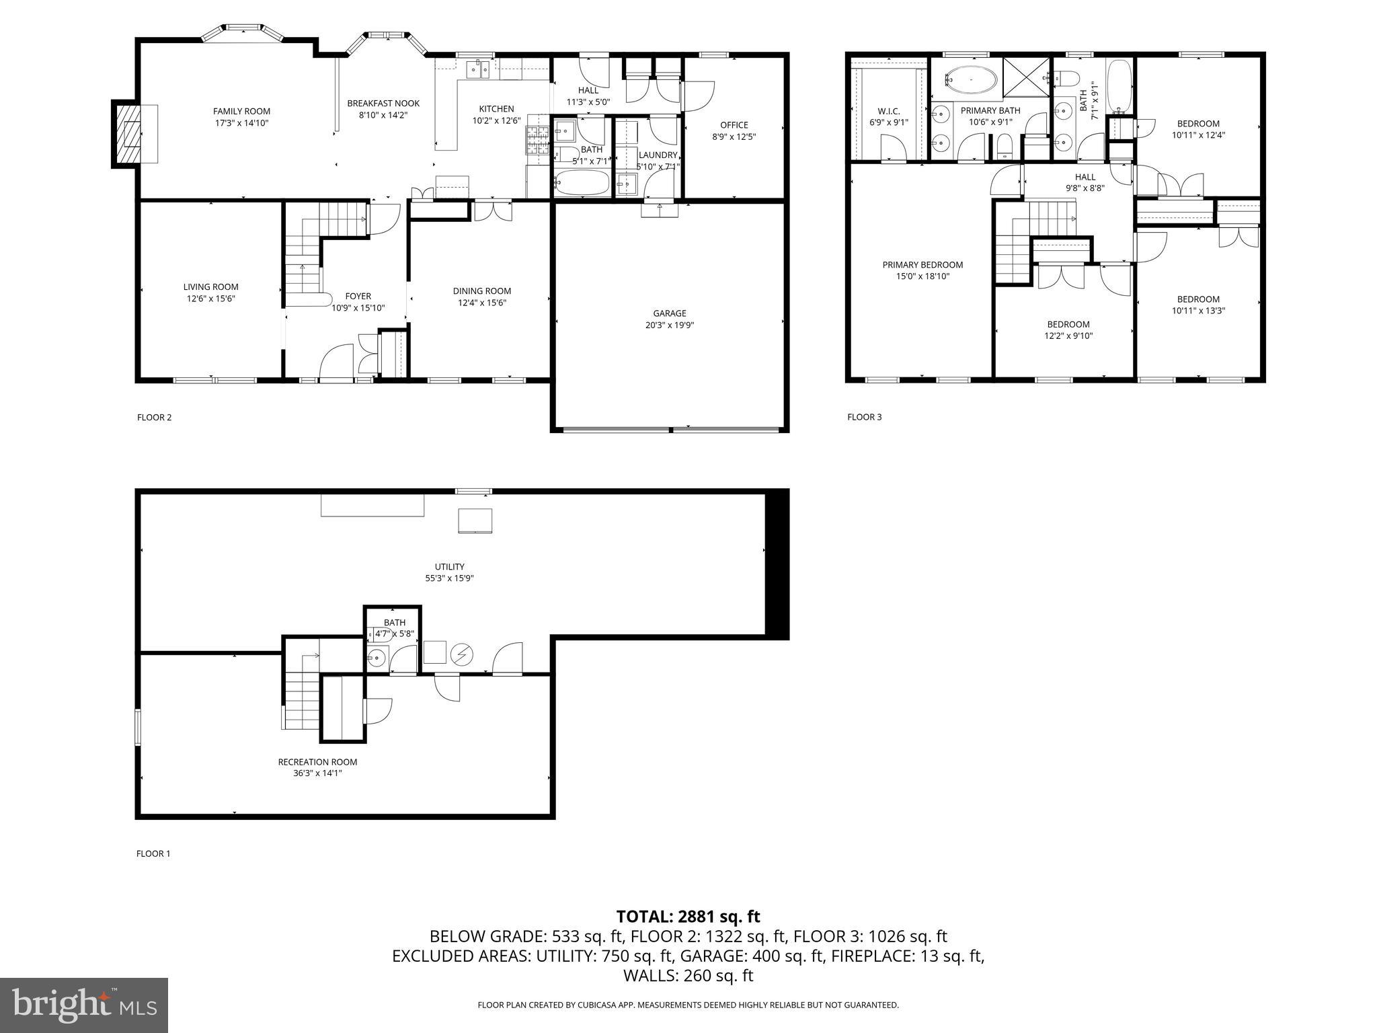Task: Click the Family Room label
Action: click(x=241, y=112)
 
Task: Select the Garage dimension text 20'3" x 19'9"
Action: click(x=669, y=326)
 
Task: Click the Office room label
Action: click(x=734, y=125)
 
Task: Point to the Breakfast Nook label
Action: click(x=383, y=104)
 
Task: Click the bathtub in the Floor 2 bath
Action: click(x=582, y=182)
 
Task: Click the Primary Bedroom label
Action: click(x=922, y=265)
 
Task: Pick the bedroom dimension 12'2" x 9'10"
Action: click(x=1068, y=336)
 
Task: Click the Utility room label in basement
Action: click(x=449, y=567)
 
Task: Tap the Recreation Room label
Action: click(x=317, y=762)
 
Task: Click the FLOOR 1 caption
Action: click(x=153, y=853)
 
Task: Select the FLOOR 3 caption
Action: click(x=864, y=417)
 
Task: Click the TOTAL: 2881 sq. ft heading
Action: click(x=688, y=917)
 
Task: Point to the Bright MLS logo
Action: click(x=84, y=1005)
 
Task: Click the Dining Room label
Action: click(x=481, y=291)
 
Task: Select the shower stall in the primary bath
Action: click(x=1025, y=77)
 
